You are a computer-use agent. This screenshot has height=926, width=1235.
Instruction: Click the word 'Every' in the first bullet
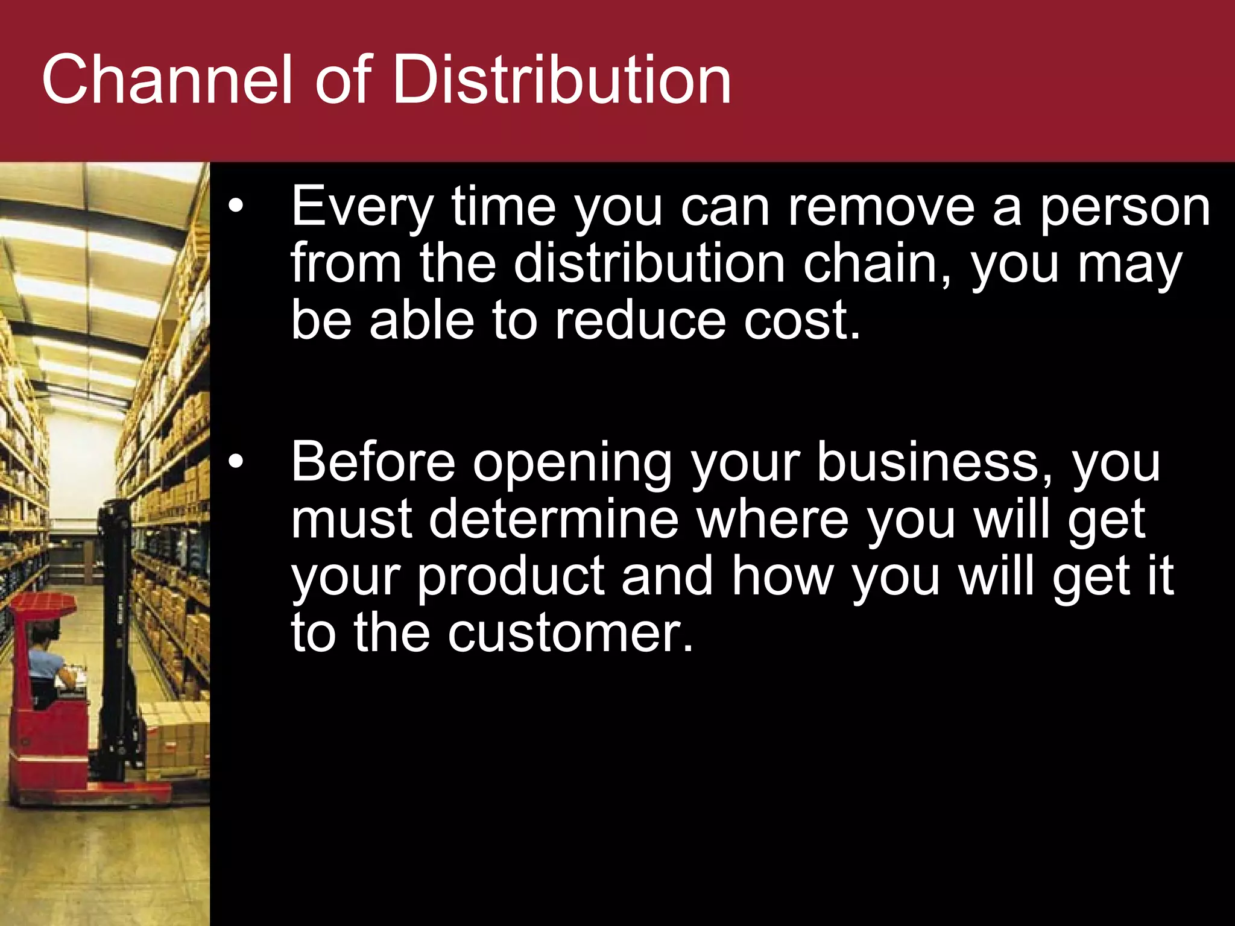coord(361,208)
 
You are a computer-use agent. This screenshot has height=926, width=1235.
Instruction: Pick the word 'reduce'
coord(640,321)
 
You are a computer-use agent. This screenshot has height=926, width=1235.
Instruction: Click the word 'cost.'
coord(801,321)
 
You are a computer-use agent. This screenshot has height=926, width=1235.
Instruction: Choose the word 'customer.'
coord(570,633)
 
